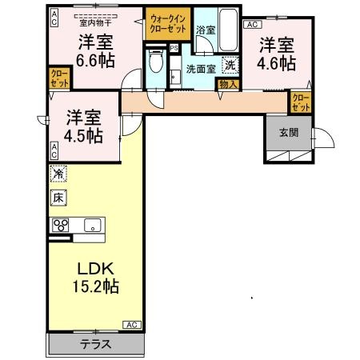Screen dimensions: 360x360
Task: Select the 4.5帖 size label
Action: (83, 135)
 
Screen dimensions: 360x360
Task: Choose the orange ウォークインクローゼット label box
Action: (167, 22)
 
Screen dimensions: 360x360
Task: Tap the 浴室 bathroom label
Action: (205, 30)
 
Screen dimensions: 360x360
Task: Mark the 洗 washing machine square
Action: (230, 66)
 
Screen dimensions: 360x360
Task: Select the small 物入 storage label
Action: (227, 82)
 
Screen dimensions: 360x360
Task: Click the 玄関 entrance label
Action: (289, 133)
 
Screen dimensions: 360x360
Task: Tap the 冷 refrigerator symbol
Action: (59, 174)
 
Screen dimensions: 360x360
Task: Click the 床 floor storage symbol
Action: (59, 197)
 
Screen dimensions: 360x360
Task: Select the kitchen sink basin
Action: (90, 224)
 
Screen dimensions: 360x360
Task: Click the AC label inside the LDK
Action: (132, 324)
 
